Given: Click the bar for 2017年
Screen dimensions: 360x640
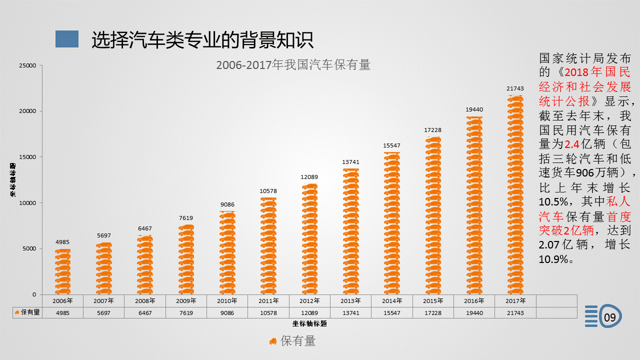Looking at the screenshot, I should pos(515,195).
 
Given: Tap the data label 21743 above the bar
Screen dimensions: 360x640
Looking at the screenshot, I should pos(515,88).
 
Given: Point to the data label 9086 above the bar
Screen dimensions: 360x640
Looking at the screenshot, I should pos(227,204).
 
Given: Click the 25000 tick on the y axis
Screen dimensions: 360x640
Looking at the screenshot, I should pos(27,65).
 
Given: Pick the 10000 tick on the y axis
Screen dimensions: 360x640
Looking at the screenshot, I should pos(27,203).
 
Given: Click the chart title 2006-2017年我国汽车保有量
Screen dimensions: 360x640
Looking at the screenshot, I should pos(293,65).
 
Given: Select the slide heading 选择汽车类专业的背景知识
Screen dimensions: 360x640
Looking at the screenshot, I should pos(202,40).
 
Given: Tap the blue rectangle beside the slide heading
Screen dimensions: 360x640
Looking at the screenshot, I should pos(67,39).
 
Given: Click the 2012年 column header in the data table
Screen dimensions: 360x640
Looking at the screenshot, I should pos(309,301).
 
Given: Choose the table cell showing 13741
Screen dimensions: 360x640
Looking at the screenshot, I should pos(350,313).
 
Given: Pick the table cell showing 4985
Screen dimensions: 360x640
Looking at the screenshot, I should pos(62,313).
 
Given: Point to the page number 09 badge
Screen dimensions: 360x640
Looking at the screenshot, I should pos(610,317).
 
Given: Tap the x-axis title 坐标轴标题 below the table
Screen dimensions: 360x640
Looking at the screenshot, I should pos(309,323).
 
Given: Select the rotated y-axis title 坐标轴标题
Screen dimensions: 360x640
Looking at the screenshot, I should pos(14,179).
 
